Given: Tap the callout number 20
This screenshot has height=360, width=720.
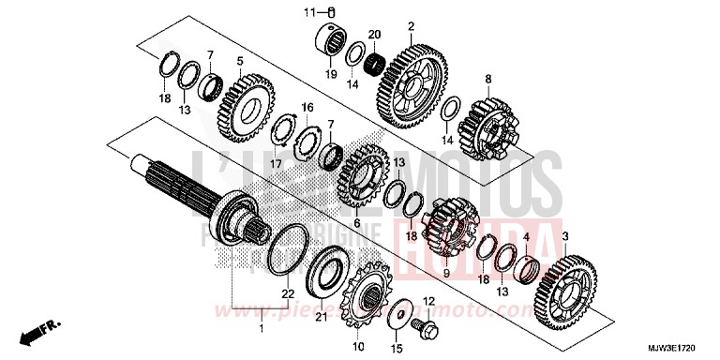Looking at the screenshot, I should pos(375,34).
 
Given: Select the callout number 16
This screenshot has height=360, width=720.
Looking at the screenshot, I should pos(307,109).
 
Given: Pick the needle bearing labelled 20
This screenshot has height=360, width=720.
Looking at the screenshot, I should pos(376,64).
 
